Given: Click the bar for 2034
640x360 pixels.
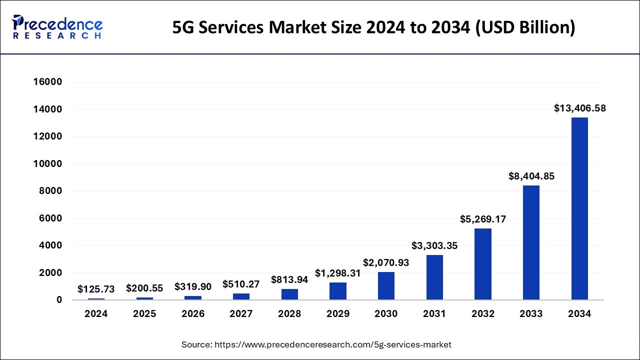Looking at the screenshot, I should coord(579,208).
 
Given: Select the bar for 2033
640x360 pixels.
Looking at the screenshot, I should coord(531,242).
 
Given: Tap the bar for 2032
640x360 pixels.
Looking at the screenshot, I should coord(482,264).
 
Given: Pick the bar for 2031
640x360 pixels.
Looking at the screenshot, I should coord(434,277).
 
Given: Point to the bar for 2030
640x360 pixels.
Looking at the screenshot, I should coord(386,286).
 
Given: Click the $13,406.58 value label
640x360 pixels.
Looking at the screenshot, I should coord(579,108).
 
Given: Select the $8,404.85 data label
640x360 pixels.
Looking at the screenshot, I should coord(531,176).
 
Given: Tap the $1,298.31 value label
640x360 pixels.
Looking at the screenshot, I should coord(337,273).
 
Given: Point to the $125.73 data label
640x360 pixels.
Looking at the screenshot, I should coord(96,289).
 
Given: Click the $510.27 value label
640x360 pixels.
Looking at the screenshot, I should coord(241,284).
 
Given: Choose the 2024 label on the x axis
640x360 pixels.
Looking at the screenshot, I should coord(96,314).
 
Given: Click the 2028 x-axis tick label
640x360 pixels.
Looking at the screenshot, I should coord(289,314).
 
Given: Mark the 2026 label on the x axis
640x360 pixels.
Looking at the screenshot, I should coord(193,314).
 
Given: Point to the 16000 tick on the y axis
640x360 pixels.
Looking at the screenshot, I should coord(47,82).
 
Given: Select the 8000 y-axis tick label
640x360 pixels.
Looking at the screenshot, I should coord(50,191).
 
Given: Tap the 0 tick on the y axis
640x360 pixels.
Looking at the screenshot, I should coord(59,300).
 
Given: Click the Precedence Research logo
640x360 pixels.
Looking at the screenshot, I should coord(57,27).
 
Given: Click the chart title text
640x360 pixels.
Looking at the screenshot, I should coord(373,28).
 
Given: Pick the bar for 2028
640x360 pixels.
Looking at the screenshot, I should coord(289,294).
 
